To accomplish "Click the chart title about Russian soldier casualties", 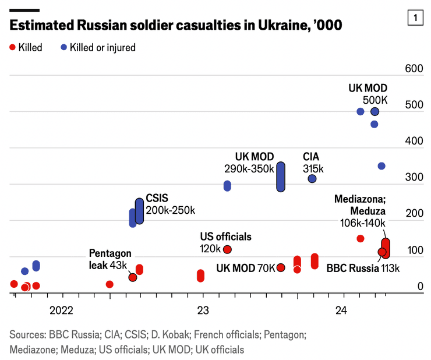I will point(175,26).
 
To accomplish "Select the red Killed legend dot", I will point(13,47).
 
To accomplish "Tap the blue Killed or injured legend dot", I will point(63,47).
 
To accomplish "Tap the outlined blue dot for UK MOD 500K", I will point(375,111).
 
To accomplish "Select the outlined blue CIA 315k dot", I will point(312,179).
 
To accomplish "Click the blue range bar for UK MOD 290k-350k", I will point(280,177).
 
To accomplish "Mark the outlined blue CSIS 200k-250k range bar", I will point(139,211).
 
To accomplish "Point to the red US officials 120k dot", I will point(227,249).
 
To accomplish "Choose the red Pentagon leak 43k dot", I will point(133,277).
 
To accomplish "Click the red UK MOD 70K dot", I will point(281,267).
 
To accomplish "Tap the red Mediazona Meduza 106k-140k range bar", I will point(386,248).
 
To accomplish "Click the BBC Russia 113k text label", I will point(363,269).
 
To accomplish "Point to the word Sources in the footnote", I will point(27,335).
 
